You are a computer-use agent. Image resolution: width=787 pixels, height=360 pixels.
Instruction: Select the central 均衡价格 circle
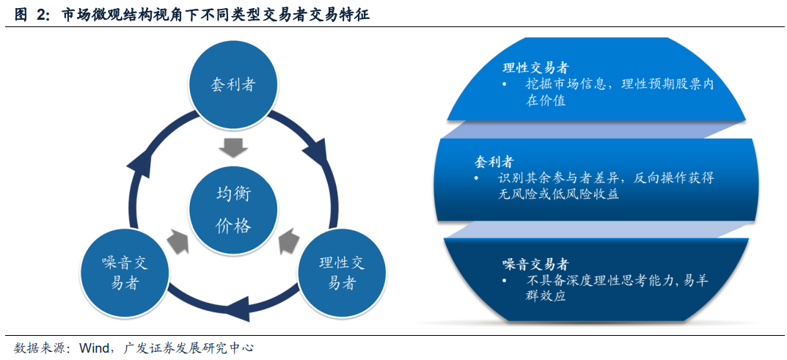click(233, 209)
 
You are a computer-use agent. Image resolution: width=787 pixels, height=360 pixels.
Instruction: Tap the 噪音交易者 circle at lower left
click(125, 273)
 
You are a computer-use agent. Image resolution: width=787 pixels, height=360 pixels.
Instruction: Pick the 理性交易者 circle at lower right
click(341, 273)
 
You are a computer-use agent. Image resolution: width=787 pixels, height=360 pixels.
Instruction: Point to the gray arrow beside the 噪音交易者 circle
click(177, 240)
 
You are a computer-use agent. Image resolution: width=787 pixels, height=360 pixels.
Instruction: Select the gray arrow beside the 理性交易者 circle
click(288, 240)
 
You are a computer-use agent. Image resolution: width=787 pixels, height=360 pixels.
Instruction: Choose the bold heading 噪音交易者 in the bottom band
click(535, 264)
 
